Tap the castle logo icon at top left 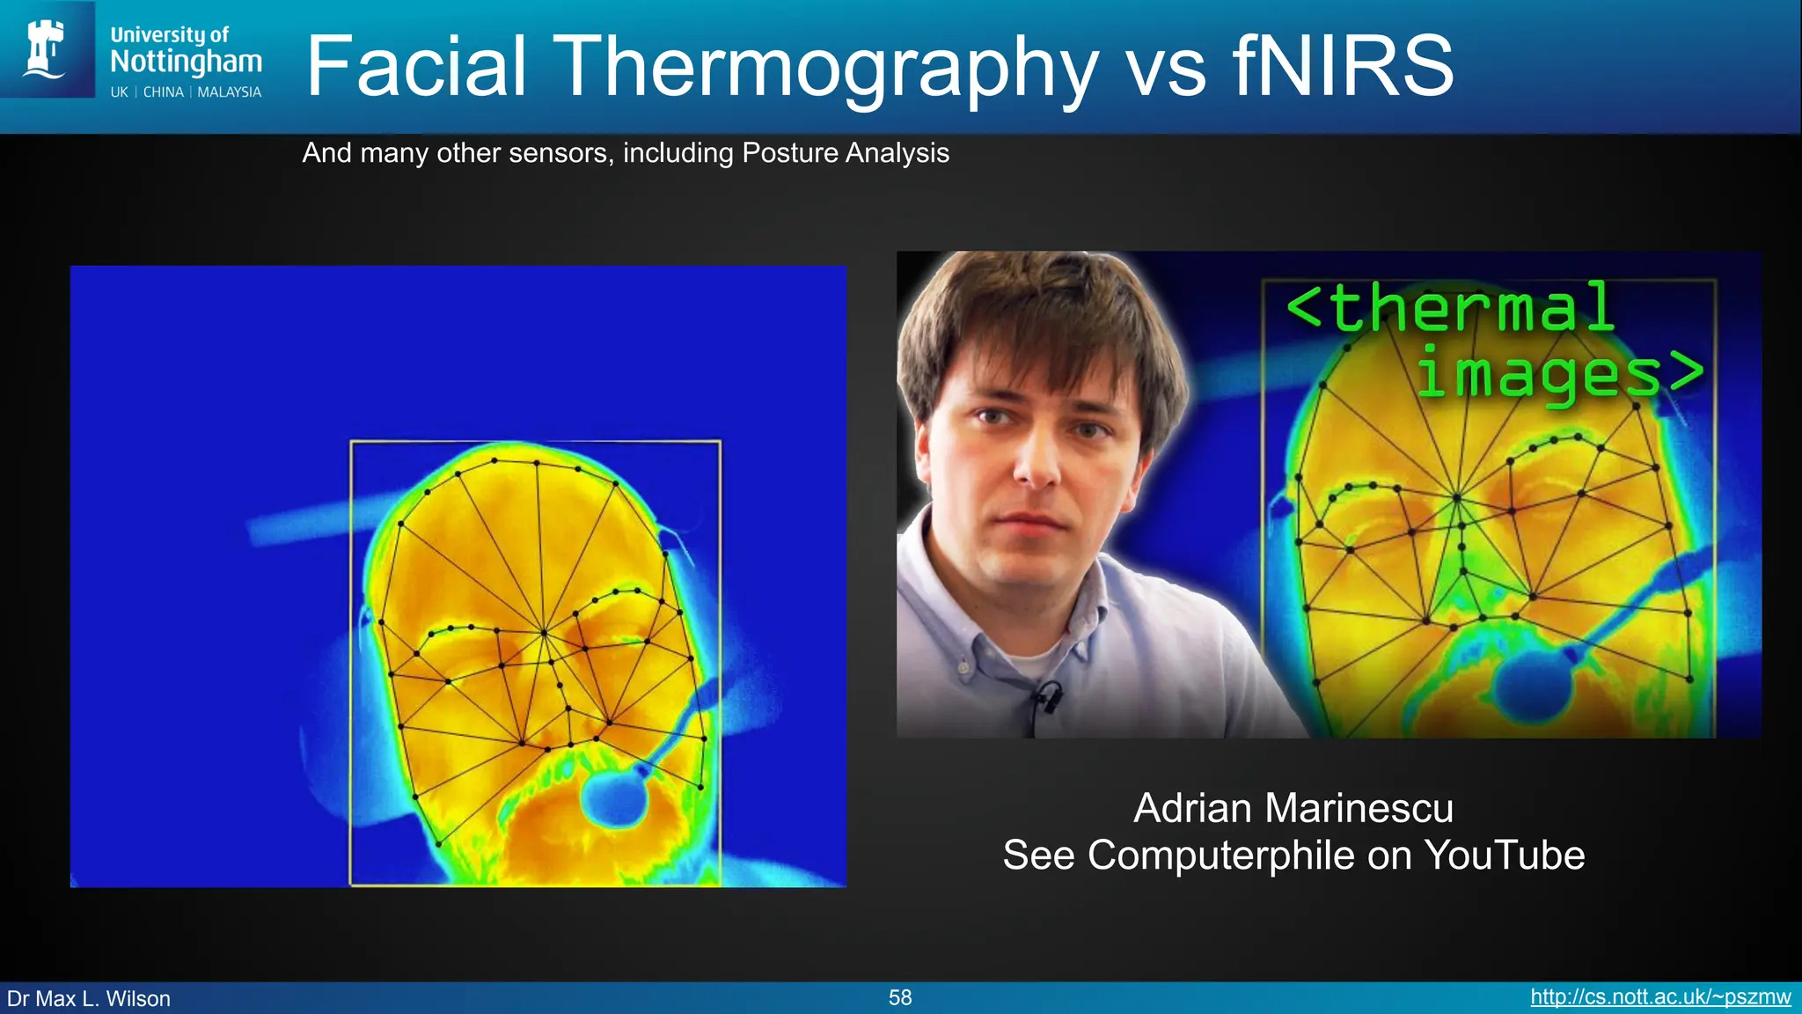pyautogui.click(x=45, y=49)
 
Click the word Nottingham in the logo pyautogui.click(x=186, y=62)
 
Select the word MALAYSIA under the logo pyautogui.click(x=229, y=92)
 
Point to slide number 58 pyautogui.click(x=900, y=997)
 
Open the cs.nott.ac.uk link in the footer pyautogui.click(x=1659, y=997)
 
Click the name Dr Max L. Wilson pyautogui.click(x=89, y=998)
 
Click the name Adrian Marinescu pyautogui.click(x=1293, y=808)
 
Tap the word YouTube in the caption pyautogui.click(x=1504, y=855)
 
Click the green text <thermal pyautogui.click(x=1450, y=308)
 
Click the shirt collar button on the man pyautogui.click(x=964, y=668)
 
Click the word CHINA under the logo pyautogui.click(x=164, y=92)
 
